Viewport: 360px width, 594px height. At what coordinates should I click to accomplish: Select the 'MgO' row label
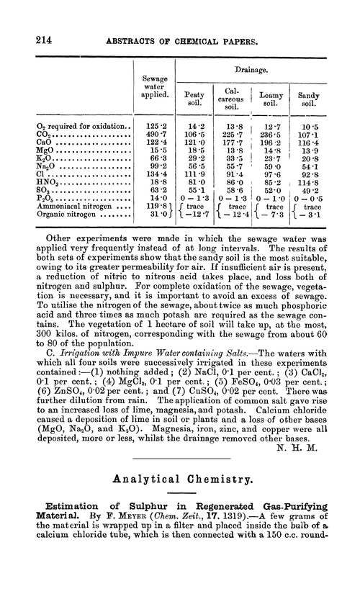pos(46,149)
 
